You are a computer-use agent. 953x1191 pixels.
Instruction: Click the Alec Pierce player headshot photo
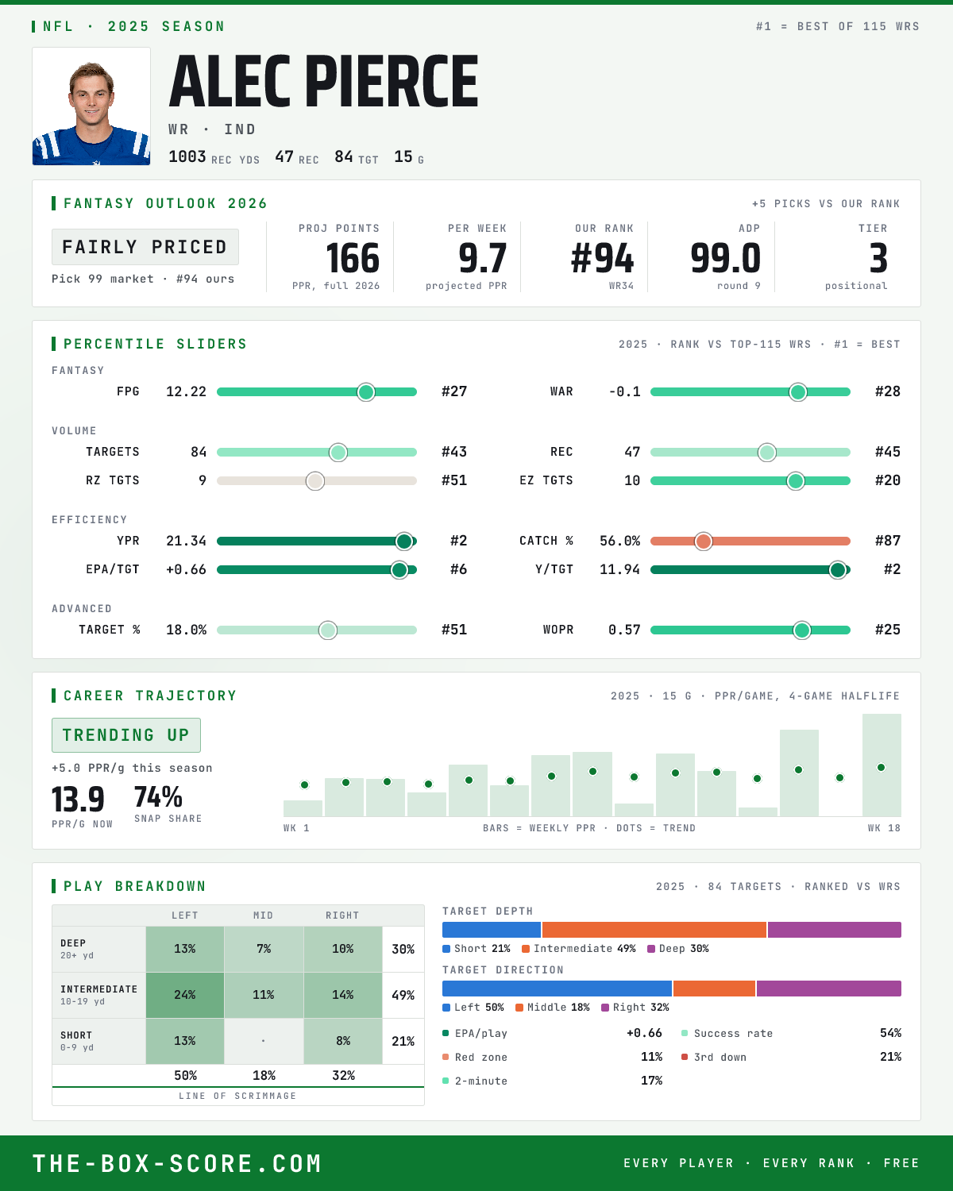[x=91, y=106]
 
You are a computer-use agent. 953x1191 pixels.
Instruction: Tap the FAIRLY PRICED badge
[x=145, y=247]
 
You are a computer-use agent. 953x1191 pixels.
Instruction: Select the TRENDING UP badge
[x=126, y=735]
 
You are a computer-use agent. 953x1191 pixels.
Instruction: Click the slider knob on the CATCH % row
[x=704, y=542]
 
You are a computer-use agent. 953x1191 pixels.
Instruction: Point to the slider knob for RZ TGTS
[x=315, y=481]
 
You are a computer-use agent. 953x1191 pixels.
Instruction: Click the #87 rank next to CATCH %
[x=888, y=541]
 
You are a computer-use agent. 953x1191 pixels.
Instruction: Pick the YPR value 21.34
[x=186, y=541]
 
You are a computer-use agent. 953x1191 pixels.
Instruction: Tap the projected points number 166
[x=353, y=259]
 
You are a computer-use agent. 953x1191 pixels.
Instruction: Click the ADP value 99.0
[x=725, y=259]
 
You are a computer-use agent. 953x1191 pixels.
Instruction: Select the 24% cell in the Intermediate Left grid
[x=185, y=995]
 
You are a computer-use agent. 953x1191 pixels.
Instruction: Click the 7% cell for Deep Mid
[x=264, y=949]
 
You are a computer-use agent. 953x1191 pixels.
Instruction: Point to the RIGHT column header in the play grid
[x=342, y=915]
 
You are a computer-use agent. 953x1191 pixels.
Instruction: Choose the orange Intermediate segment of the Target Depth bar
[x=654, y=930]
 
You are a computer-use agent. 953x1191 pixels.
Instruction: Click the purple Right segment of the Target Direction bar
[x=829, y=989]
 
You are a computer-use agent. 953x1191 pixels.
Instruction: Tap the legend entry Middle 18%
[x=553, y=1008]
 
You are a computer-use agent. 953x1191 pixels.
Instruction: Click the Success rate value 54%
[x=890, y=1033]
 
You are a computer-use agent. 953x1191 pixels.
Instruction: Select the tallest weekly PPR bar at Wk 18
[x=882, y=765]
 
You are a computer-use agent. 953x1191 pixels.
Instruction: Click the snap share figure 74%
[x=158, y=797]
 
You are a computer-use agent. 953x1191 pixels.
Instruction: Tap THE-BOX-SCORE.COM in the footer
[x=177, y=1163]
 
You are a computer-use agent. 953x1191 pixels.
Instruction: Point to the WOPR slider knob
[x=802, y=630]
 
